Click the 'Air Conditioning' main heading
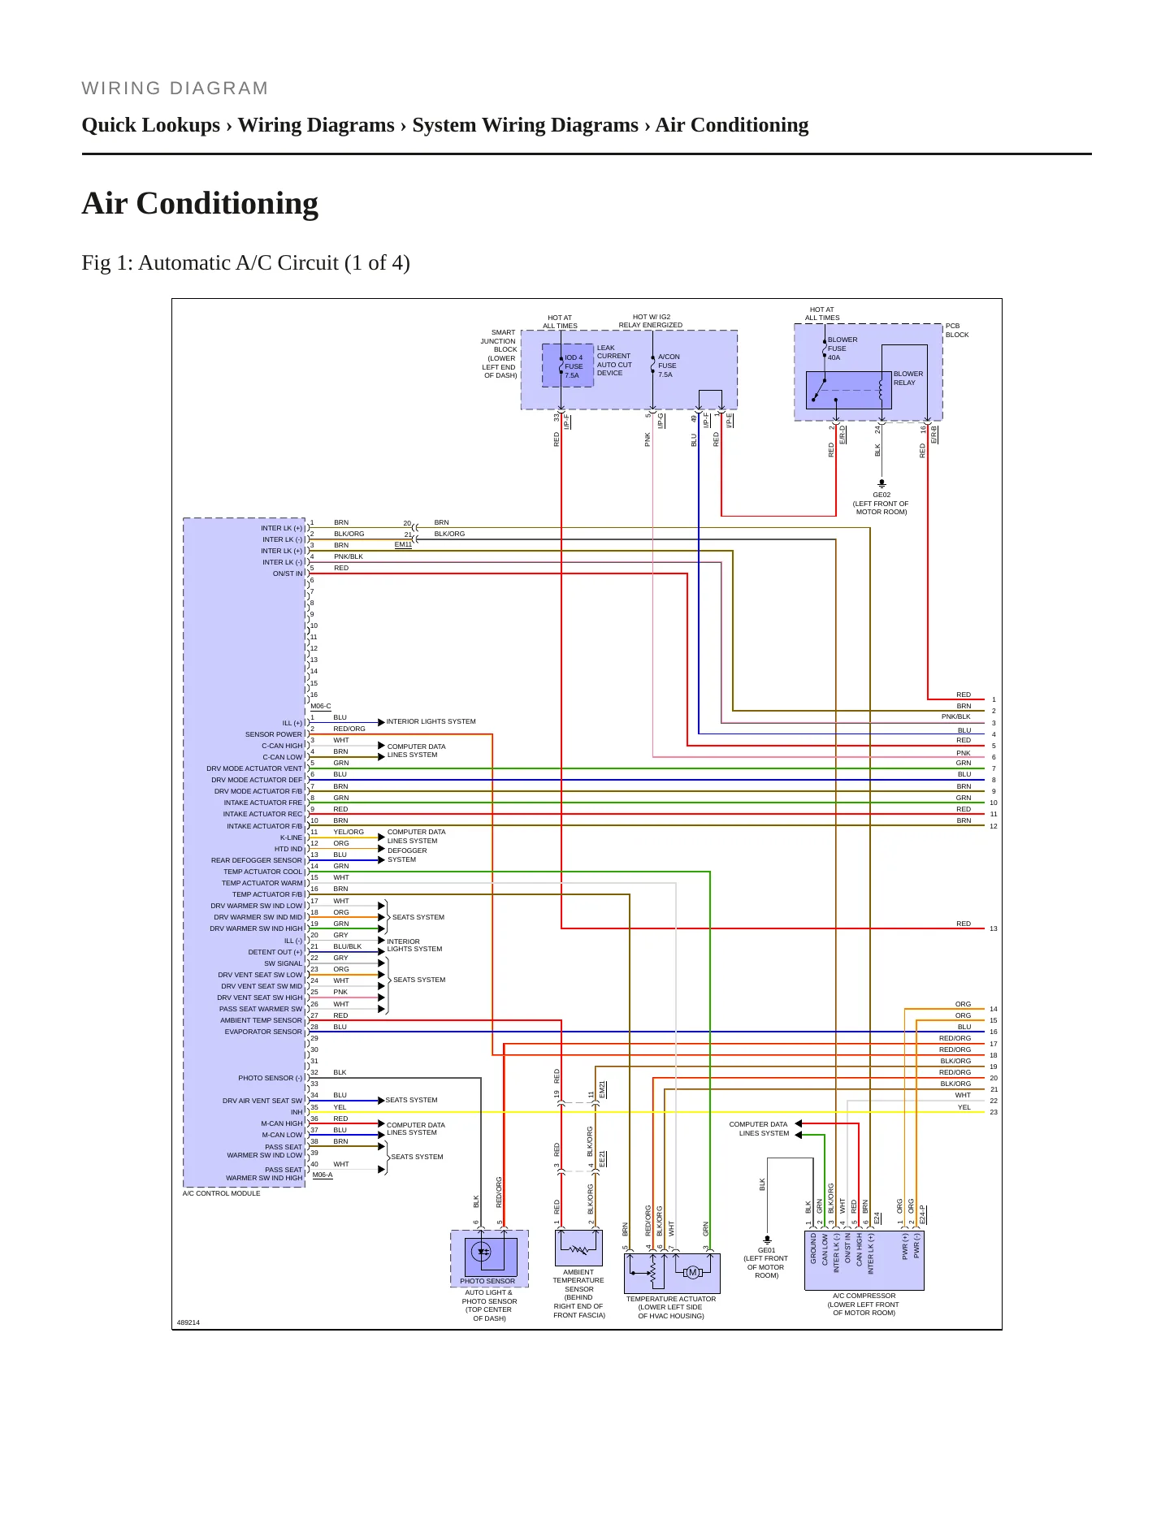200,203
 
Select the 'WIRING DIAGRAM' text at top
175,89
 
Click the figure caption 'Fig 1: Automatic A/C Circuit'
245,263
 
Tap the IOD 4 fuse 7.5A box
568,366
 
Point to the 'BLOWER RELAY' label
908,379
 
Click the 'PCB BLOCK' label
957,331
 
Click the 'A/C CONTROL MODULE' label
222,1193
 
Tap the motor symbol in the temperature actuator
692,1272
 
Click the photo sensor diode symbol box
490,1256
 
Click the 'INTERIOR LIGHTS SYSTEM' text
431,721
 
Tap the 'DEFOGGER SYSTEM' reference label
406,855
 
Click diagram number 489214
188,1322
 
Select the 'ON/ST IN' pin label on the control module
288,573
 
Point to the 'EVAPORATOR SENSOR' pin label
263,1032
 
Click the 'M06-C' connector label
321,706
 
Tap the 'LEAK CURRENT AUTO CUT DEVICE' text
614,361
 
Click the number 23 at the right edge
993,1112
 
